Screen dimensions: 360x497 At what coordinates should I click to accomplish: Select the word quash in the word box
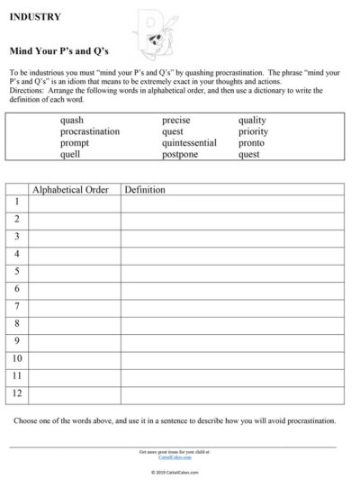[x=72, y=120]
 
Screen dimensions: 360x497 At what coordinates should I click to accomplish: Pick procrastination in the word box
[x=90, y=131]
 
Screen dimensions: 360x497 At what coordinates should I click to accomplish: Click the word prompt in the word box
[x=75, y=143]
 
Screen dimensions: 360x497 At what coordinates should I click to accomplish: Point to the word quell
[x=70, y=154]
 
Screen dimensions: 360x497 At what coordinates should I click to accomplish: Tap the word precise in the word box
[x=175, y=120]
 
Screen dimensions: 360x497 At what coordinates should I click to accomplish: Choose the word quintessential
[x=189, y=143]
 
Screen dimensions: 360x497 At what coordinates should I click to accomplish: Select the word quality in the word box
[x=252, y=120]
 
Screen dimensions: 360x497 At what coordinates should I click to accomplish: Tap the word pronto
[x=251, y=143]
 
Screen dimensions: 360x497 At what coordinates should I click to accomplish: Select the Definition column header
[x=145, y=190]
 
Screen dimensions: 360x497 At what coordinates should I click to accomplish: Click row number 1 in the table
[x=16, y=202]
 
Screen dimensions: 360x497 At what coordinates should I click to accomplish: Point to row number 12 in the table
[x=16, y=394]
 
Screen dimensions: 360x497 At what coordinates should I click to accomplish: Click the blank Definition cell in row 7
[x=231, y=307]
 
